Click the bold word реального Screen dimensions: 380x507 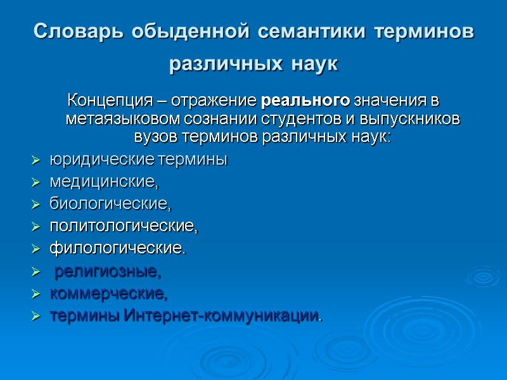[305, 101]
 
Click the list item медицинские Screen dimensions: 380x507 [103, 183]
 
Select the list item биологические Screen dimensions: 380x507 [110, 205]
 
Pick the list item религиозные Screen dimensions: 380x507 [108, 272]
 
